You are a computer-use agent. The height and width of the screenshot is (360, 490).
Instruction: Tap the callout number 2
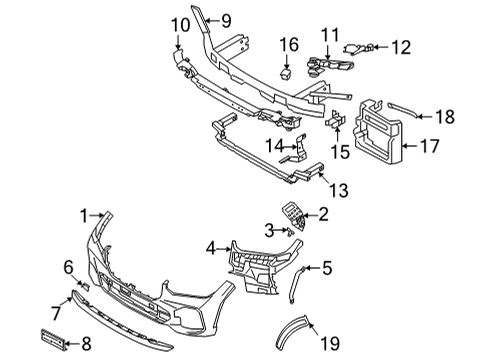323,213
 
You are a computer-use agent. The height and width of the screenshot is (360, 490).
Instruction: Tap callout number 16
288,43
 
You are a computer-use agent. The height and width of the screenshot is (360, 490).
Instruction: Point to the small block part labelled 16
287,71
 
